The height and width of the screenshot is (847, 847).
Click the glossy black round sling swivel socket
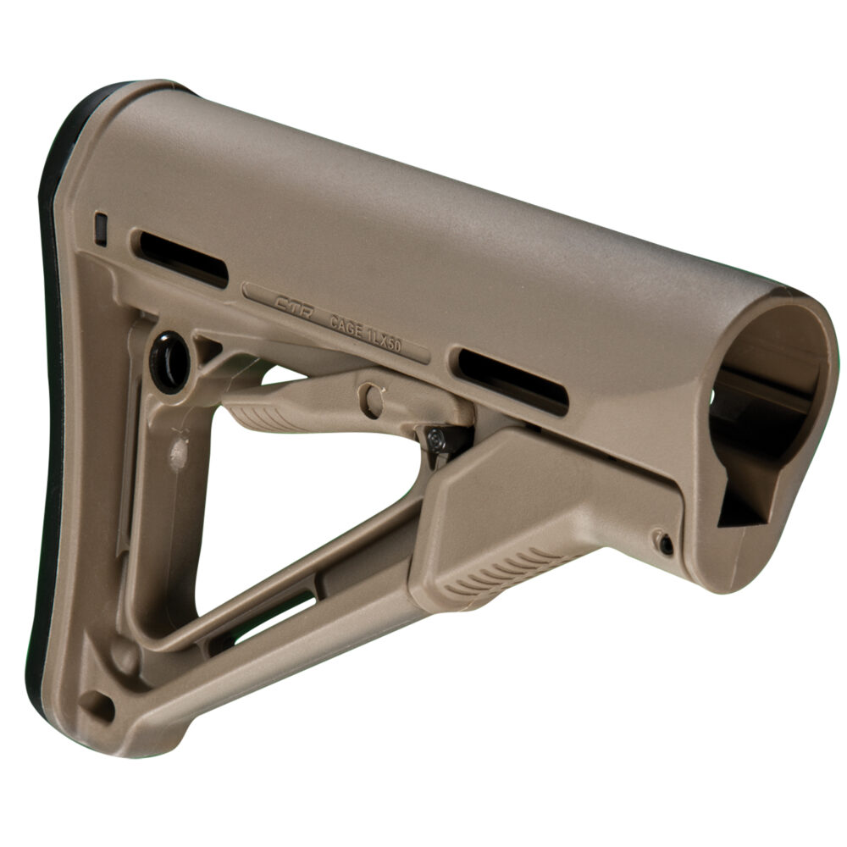pyautogui.click(x=170, y=361)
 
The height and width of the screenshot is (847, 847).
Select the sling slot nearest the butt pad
pyautogui.click(x=183, y=257)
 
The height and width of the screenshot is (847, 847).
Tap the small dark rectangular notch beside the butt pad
pyautogui.click(x=101, y=229)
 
